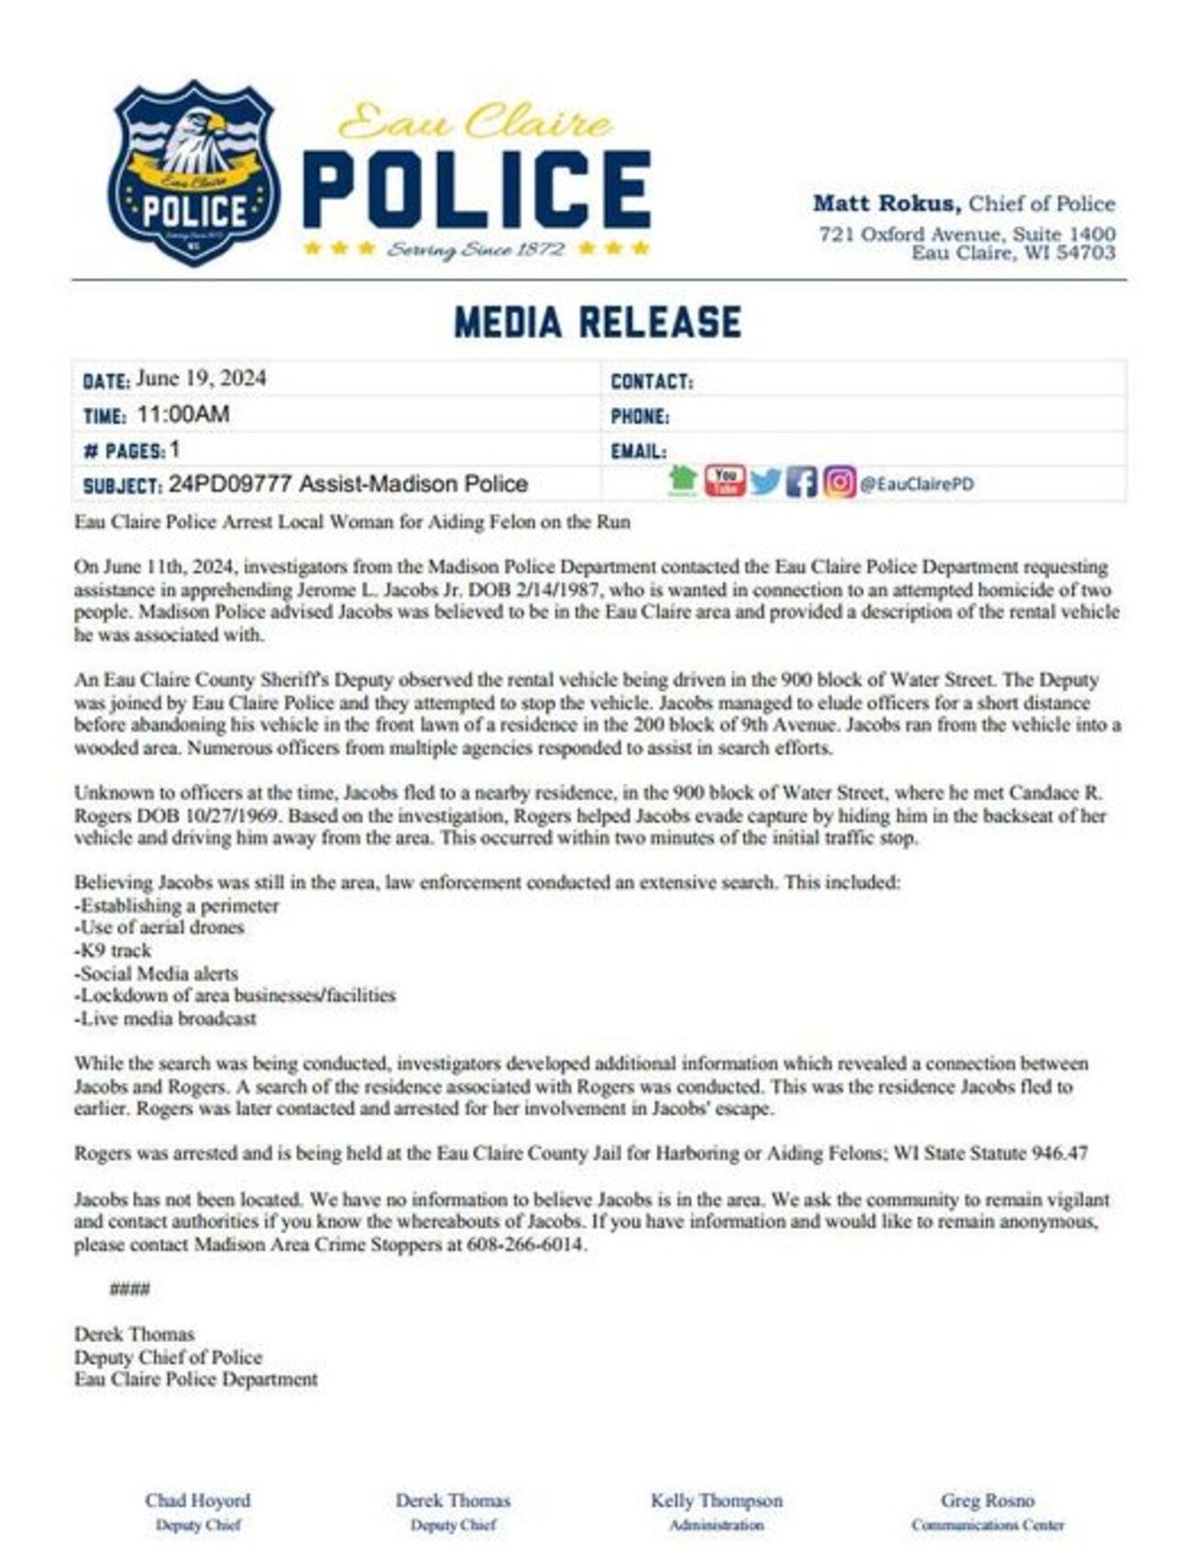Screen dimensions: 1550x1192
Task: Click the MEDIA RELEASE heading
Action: [x=597, y=322]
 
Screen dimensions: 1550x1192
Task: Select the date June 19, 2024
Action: [x=201, y=379]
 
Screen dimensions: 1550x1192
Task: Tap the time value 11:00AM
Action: [x=183, y=415]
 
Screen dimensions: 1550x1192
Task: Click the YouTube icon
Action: [x=724, y=480]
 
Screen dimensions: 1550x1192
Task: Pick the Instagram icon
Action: [x=838, y=482]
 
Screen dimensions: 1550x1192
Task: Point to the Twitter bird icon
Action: [x=765, y=482]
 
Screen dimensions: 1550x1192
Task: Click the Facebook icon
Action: [x=801, y=482]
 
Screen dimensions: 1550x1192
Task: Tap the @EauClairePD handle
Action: [x=916, y=483]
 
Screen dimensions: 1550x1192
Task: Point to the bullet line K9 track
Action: [x=113, y=950]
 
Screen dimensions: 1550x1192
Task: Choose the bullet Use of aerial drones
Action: [x=159, y=927]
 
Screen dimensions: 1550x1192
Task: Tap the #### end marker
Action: [x=129, y=1290]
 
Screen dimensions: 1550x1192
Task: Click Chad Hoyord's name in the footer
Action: [x=197, y=1500]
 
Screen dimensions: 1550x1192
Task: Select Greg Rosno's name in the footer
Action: [x=987, y=1500]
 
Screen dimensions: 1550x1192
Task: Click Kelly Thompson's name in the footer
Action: [x=716, y=1500]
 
